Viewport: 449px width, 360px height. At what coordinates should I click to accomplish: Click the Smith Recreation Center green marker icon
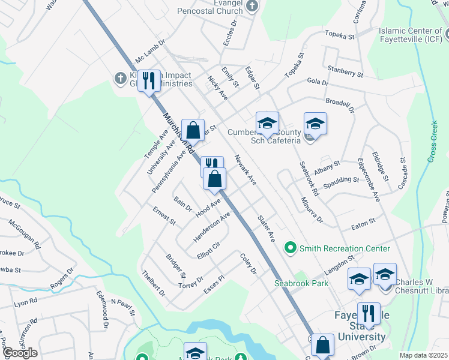pos(291,247)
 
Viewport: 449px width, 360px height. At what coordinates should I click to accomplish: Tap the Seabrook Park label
pos(302,283)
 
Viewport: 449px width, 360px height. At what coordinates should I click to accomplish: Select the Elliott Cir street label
pos(208,250)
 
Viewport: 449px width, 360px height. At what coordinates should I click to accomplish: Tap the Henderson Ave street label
pos(211,226)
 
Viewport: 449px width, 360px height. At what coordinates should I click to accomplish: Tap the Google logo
pos(19,352)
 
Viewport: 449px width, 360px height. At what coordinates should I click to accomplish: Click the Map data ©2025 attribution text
pos(423,355)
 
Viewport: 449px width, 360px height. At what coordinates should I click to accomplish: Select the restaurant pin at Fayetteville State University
pos(368,314)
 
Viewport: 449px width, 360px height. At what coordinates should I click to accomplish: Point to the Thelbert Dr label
pos(154,283)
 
